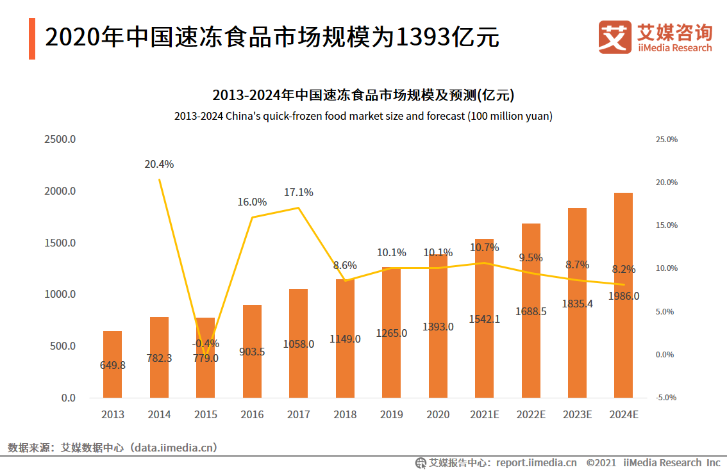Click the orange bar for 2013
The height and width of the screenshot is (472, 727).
pyautogui.click(x=112, y=364)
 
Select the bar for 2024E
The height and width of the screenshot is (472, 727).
pyautogui.click(x=623, y=295)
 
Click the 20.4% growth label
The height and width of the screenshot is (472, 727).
pyautogui.click(x=159, y=164)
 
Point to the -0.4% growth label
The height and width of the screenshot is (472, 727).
pyautogui.click(x=205, y=343)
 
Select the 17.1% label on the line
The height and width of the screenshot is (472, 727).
pyautogui.click(x=298, y=192)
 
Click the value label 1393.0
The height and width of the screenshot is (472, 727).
pyautogui.click(x=438, y=327)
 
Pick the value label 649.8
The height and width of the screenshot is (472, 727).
pyautogui.click(x=113, y=365)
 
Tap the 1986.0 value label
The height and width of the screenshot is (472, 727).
pyautogui.click(x=624, y=296)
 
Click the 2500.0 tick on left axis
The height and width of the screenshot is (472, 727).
pyautogui.click(x=60, y=139)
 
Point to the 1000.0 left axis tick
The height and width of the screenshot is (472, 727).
pyautogui.click(x=60, y=294)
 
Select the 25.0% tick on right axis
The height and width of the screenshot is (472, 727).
pyautogui.click(x=666, y=139)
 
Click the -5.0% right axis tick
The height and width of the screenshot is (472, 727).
pyautogui.click(x=666, y=398)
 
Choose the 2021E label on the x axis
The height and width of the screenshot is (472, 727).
pyautogui.click(x=484, y=414)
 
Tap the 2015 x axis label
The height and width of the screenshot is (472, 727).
pyautogui.click(x=205, y=414)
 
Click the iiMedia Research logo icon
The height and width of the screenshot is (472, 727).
pyautogui.click(x=615, y=37)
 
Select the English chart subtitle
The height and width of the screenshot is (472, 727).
pyautogui.click(x=363, y=117)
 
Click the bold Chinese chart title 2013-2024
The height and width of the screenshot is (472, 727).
pyautogui.click(x=363, y=95)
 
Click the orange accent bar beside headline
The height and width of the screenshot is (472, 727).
pyautogui.click(x=32, y=38)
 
